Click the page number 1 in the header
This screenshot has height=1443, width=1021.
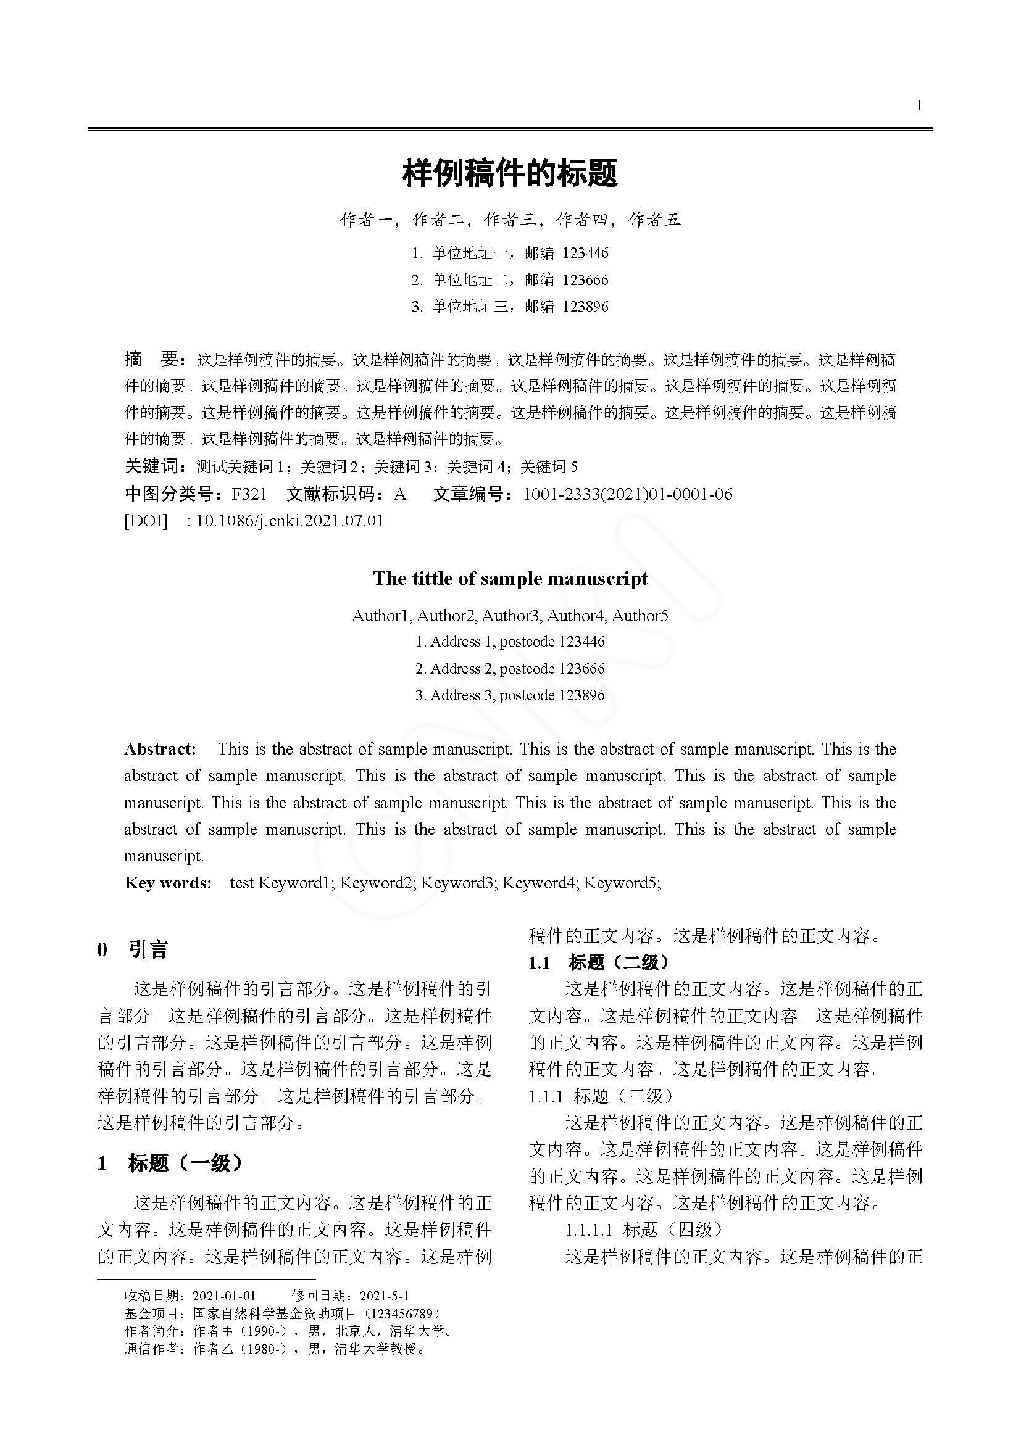(x=919, y=105)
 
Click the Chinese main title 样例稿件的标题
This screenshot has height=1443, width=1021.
(x=510, y=173)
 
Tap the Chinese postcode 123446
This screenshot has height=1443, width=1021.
(x=585, y=254)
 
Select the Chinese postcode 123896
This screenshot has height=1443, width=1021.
(x=585, y=307)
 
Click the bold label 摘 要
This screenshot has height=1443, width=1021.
(x=154, y=360)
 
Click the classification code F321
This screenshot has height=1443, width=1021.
(x=249, y=494)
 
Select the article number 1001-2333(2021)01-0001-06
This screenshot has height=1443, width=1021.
(x=627, y=494)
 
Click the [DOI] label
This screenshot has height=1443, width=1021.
(x=146, y=521)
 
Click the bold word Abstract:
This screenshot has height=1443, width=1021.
(x=160, y=749)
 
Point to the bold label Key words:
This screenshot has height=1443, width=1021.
(x=168, y=883)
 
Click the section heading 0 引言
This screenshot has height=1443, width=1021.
(x=133, y=949)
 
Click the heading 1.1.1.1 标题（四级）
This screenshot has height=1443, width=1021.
(x=644, y=1230)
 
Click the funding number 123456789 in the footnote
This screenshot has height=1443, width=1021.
(x=402, y=1313)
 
